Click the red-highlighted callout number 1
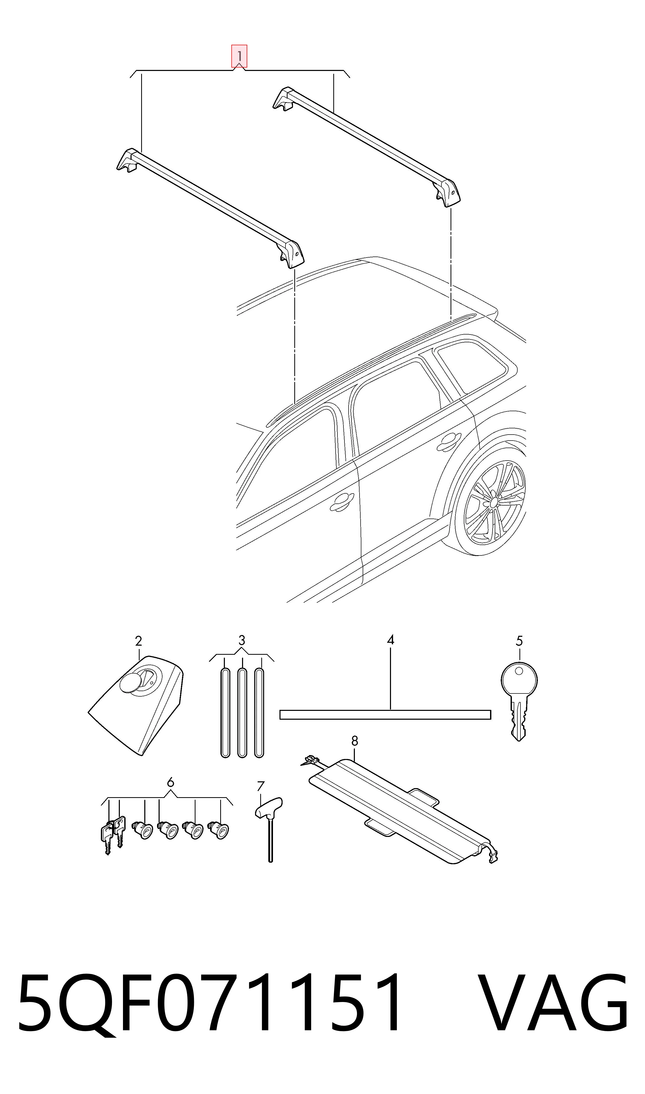click(x=239, y=56)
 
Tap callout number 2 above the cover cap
click(x=138, y=641)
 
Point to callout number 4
click(x=390, y=640)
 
